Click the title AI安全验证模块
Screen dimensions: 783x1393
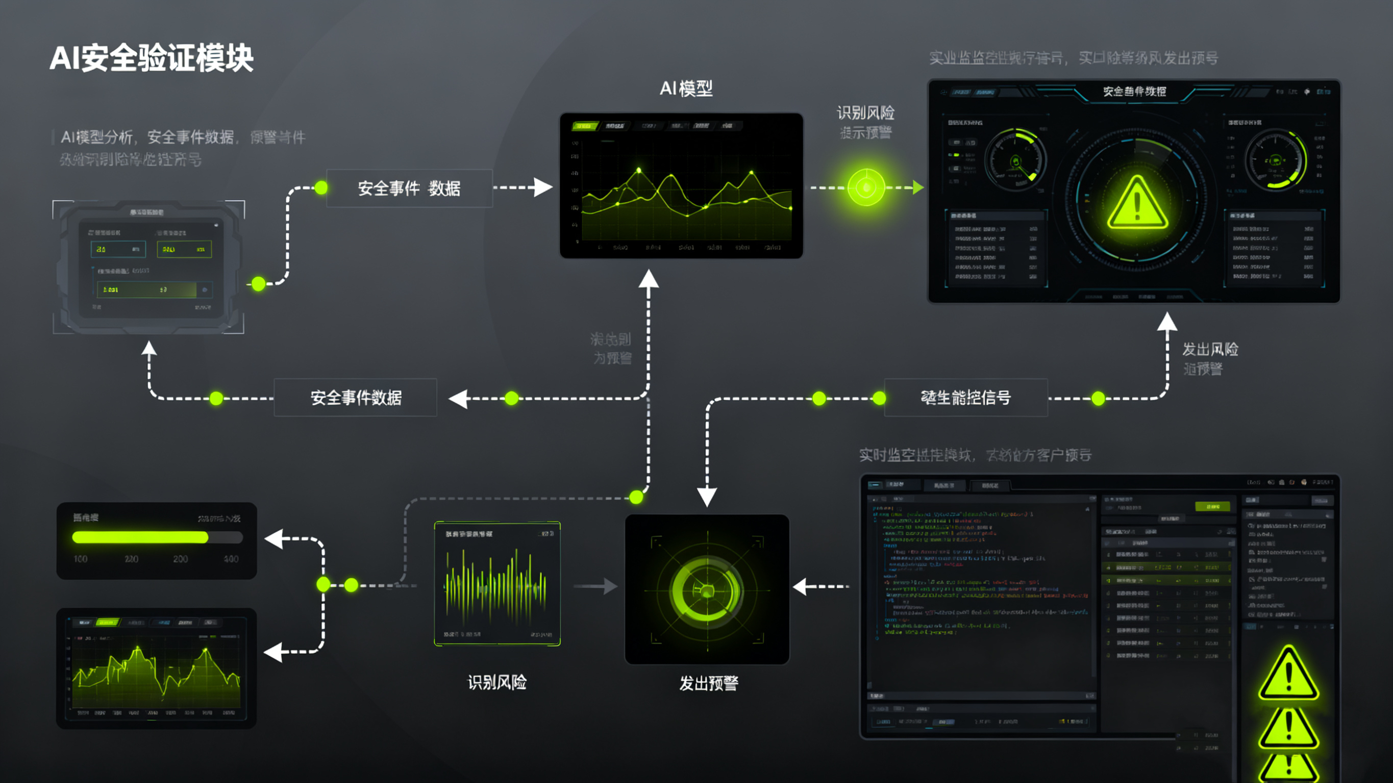click(152, 58)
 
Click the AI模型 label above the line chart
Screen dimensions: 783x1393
click(686, 88)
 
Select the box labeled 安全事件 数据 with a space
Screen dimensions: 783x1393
click(409, 188)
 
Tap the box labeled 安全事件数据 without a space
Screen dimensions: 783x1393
click(355, 397)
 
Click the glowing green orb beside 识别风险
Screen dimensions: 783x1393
click(866, 187)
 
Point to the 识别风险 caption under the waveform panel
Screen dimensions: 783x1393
click(497, 683)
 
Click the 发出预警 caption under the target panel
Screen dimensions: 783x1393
click(708, 684)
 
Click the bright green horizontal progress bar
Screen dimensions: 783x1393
click(140, 537)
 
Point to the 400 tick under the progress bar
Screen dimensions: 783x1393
click(231, 559)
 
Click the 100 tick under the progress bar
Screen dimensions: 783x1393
click(81, 559)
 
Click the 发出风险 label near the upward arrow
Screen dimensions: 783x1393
click(1210, 349)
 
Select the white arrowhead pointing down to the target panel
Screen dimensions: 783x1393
click(707, 496)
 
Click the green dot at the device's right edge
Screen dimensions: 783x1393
click(259, 283)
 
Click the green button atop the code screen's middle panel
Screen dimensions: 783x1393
click(1212, 507)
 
